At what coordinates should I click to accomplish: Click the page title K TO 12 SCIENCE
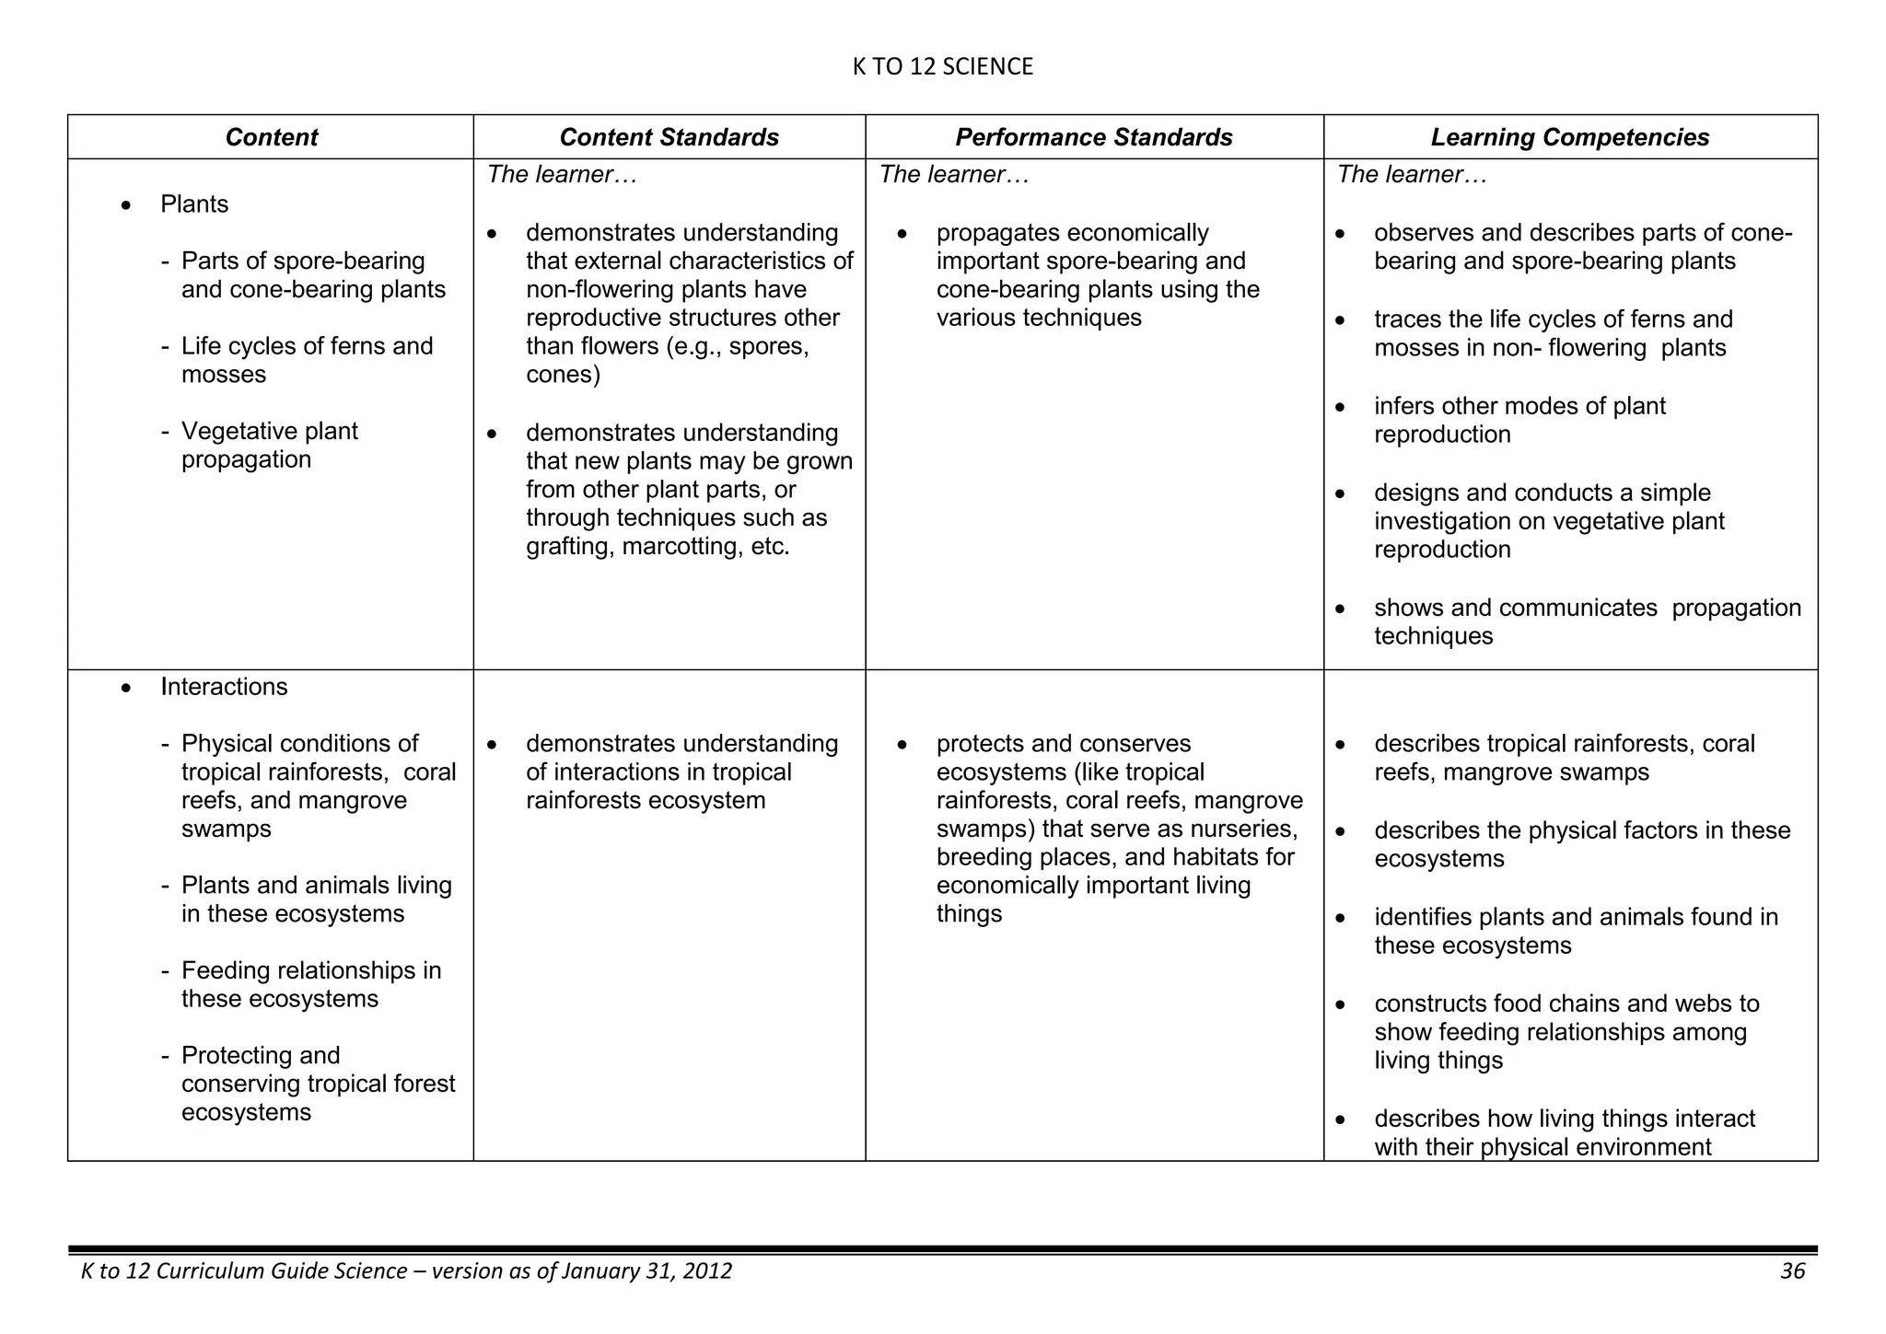[942, 66]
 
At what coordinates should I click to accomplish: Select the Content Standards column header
[669, 137]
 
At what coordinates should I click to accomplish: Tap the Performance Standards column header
[1093, 137]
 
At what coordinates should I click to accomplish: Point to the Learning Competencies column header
[1569, 137]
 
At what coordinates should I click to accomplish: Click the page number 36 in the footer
[1792, 1271]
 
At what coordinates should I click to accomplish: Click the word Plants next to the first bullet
[194, 204]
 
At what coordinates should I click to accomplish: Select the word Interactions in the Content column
[224, 687]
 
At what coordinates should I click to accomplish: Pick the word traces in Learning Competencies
[1405, 319]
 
